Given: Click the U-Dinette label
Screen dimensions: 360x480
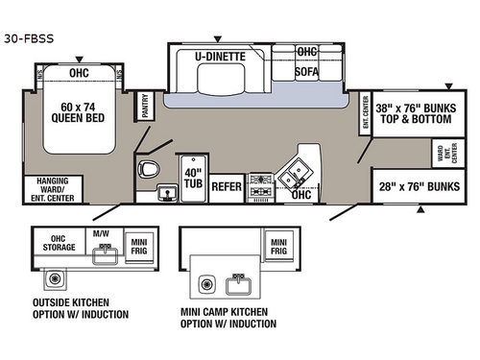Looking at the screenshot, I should (x=220, y=56).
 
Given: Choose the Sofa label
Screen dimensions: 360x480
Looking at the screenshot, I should (x=307, y=71).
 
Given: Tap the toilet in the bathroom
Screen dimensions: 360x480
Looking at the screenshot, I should (x=149, y=170).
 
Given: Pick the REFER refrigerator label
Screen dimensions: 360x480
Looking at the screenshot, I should (x=227, y=187).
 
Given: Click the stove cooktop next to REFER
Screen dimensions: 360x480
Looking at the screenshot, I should (x=261, y=186).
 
